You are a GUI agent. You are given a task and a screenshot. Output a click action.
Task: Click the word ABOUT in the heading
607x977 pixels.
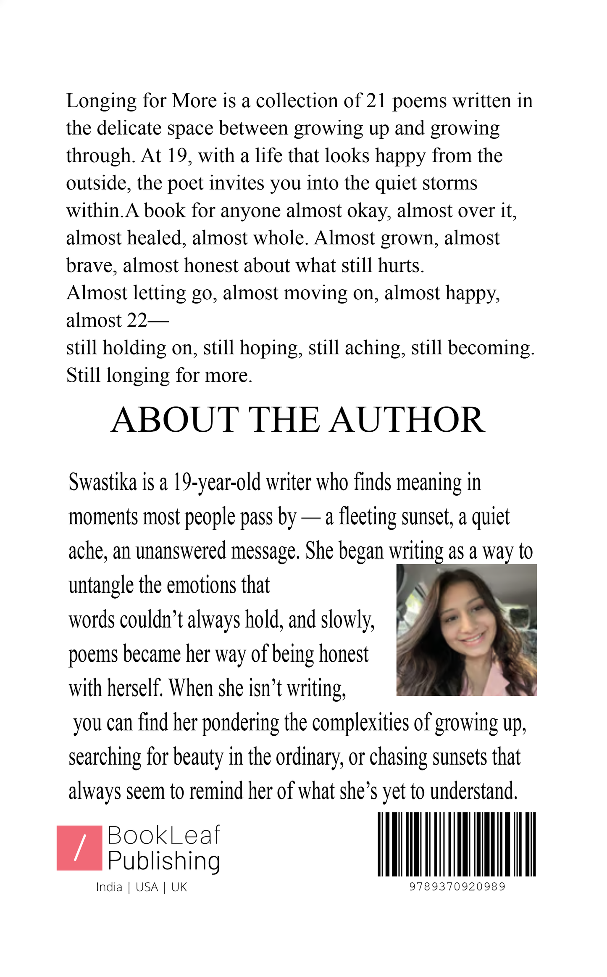click(174, 420)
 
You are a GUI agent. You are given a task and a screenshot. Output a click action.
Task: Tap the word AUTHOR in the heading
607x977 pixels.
click(407, 420)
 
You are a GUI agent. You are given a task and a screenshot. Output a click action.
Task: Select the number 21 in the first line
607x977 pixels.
click(376, 101)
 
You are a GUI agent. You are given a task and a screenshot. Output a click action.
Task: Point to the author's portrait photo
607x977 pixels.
click(467, 630)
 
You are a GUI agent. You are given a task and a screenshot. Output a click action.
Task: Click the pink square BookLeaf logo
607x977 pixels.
click(79, 848)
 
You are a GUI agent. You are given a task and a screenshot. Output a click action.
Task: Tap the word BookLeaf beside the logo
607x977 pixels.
click(164, 835)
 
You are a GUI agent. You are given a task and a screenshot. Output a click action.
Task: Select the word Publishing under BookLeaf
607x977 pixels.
click(164, 861)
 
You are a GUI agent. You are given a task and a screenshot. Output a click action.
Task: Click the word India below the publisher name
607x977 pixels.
click(109, 887)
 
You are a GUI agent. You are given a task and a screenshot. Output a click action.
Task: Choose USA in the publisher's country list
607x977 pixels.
click(147, 887)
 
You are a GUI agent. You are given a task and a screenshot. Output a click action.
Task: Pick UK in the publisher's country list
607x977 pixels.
click(179, 887)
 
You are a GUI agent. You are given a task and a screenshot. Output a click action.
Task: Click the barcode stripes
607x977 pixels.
click(457, 845)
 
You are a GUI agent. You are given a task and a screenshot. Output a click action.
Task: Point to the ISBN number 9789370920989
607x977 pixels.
click(457, 887)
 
